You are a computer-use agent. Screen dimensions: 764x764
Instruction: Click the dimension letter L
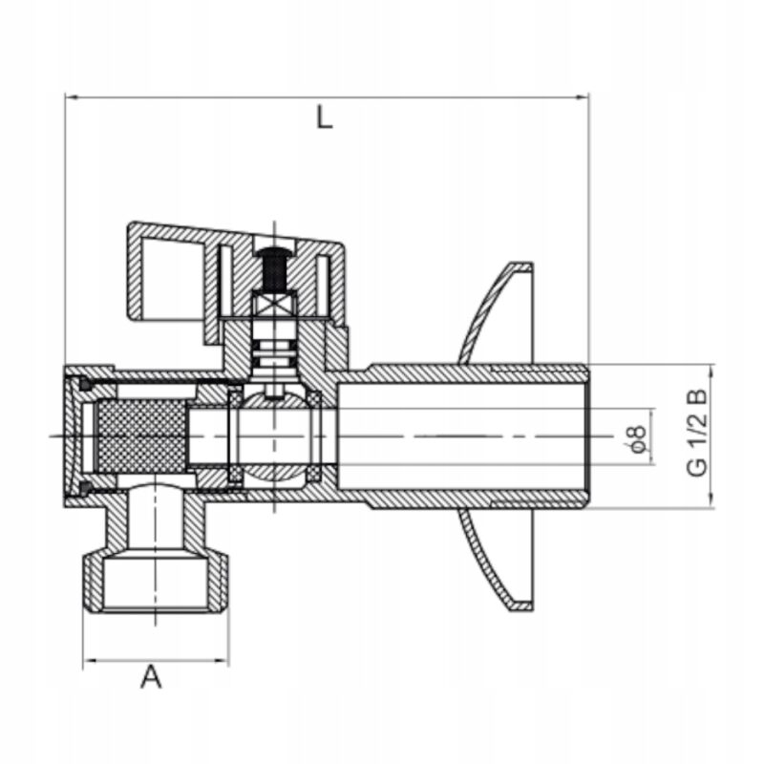coord(326,119)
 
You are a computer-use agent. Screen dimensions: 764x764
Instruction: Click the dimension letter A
coord(151,677)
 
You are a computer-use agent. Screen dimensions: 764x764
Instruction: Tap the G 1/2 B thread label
coord(698,435)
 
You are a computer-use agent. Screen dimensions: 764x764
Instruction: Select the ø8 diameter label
coord(638,437)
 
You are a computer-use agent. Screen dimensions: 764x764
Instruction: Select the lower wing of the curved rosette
coord(497,563)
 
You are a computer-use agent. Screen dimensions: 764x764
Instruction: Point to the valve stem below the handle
coord(274,344)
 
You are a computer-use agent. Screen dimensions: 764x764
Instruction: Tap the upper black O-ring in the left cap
coord(85,385)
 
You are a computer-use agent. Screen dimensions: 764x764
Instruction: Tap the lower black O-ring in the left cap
coord(85,489)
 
